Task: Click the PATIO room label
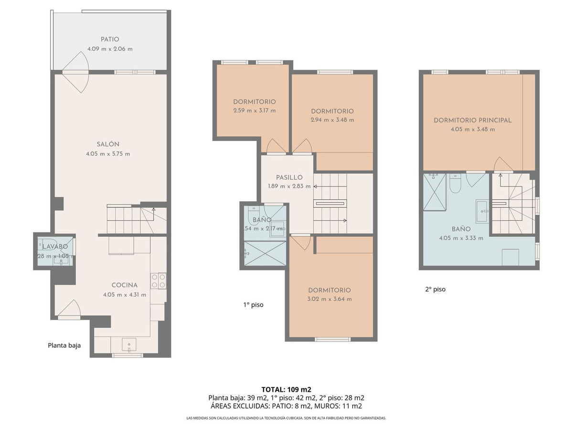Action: click(x=110, y=40)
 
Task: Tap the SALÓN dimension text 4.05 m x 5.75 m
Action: click(x=109, y=154)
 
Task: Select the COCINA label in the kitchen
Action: click(x=125, y=285)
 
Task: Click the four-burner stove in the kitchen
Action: click(x=158, y=280)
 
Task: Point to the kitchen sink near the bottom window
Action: click(x=128, y=344)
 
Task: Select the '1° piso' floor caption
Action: click(x=253, y=304)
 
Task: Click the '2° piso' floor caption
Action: click(x=435, y=289)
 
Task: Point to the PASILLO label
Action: click(x=289, y=178)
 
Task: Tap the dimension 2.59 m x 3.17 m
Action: click(x=255, y=111)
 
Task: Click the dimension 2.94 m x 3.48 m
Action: click(x=332, y=120)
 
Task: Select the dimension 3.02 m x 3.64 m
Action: click(x=329, y=299)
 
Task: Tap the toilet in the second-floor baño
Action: click(x=455, y=184)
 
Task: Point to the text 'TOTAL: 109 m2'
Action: click(x=286, y=389)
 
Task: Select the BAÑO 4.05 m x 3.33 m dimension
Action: click(x=461, y=238)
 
